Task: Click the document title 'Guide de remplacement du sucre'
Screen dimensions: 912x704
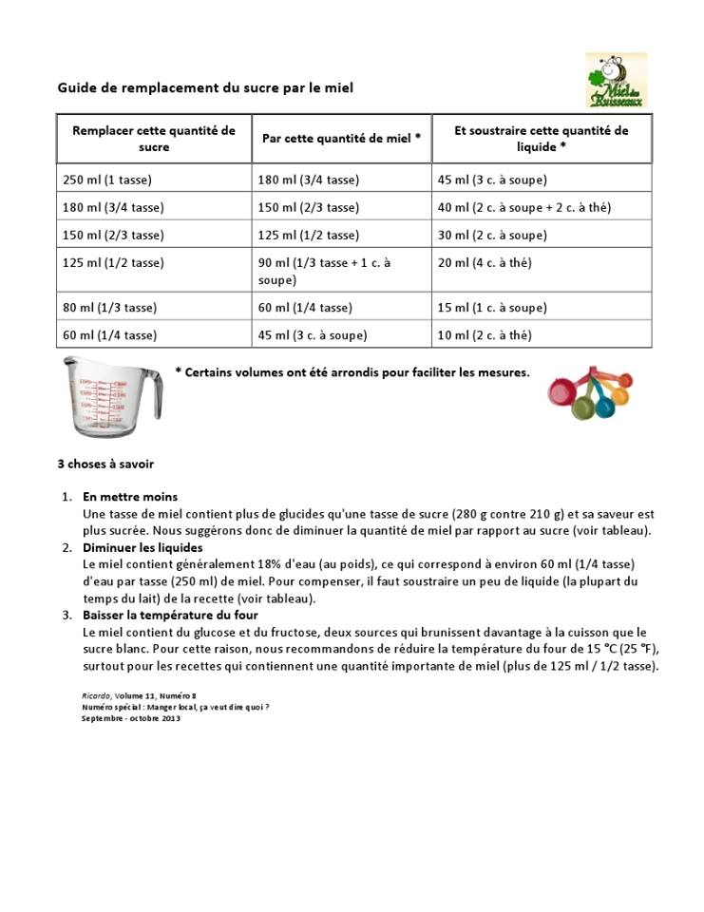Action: point(205,88)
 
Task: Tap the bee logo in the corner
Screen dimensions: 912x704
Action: point(616,80)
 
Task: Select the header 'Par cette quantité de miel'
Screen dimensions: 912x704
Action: point(341,139)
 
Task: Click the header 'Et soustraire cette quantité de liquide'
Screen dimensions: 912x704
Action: point(542,139)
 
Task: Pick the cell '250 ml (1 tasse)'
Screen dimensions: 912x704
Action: point(107,180)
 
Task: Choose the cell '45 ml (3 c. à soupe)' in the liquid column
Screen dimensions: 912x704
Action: point(491,180)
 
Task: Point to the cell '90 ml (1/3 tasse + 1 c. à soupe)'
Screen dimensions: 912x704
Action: point(324,272)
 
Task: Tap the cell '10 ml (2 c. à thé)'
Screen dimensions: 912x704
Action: point(485,335)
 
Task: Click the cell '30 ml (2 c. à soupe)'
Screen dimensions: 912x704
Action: point(491,235)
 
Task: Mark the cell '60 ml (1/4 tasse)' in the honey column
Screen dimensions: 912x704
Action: point(304,308)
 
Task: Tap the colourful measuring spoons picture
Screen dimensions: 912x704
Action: point(589,392)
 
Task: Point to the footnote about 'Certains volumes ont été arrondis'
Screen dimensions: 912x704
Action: point(352,372)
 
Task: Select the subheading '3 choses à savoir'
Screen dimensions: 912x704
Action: point(105,465)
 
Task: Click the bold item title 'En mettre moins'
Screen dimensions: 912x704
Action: point(130,497)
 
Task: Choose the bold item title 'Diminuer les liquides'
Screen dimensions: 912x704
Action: point(143,548)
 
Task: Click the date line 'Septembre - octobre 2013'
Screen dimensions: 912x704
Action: point(131,718)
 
